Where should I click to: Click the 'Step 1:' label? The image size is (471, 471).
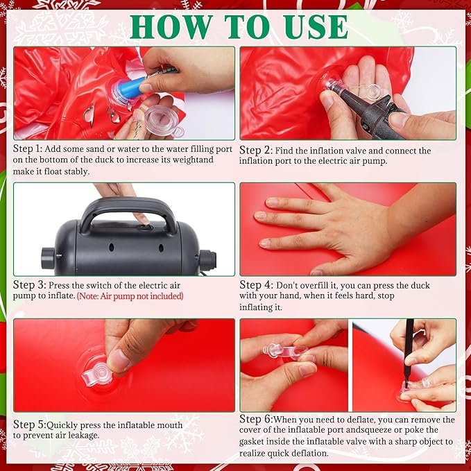[x=28, y=148]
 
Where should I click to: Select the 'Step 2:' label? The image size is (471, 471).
[x=256, y=151]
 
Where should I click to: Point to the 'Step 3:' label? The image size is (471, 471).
[x=29, y=285]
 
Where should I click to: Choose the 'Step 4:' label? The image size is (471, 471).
[x=256, y=285]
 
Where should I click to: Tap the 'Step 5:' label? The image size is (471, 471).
[x=30, y=425]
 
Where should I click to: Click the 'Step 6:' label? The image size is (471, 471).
[x=256, y=419]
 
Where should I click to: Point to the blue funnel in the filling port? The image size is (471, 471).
[x=129, y=87]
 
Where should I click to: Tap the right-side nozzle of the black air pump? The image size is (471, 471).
[x=208, y=259]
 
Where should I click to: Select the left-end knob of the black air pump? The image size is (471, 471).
[x=48, y=258]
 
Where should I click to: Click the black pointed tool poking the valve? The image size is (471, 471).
[x=408, y=353]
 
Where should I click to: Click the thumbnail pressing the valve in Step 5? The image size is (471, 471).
[x=118, y=360]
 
